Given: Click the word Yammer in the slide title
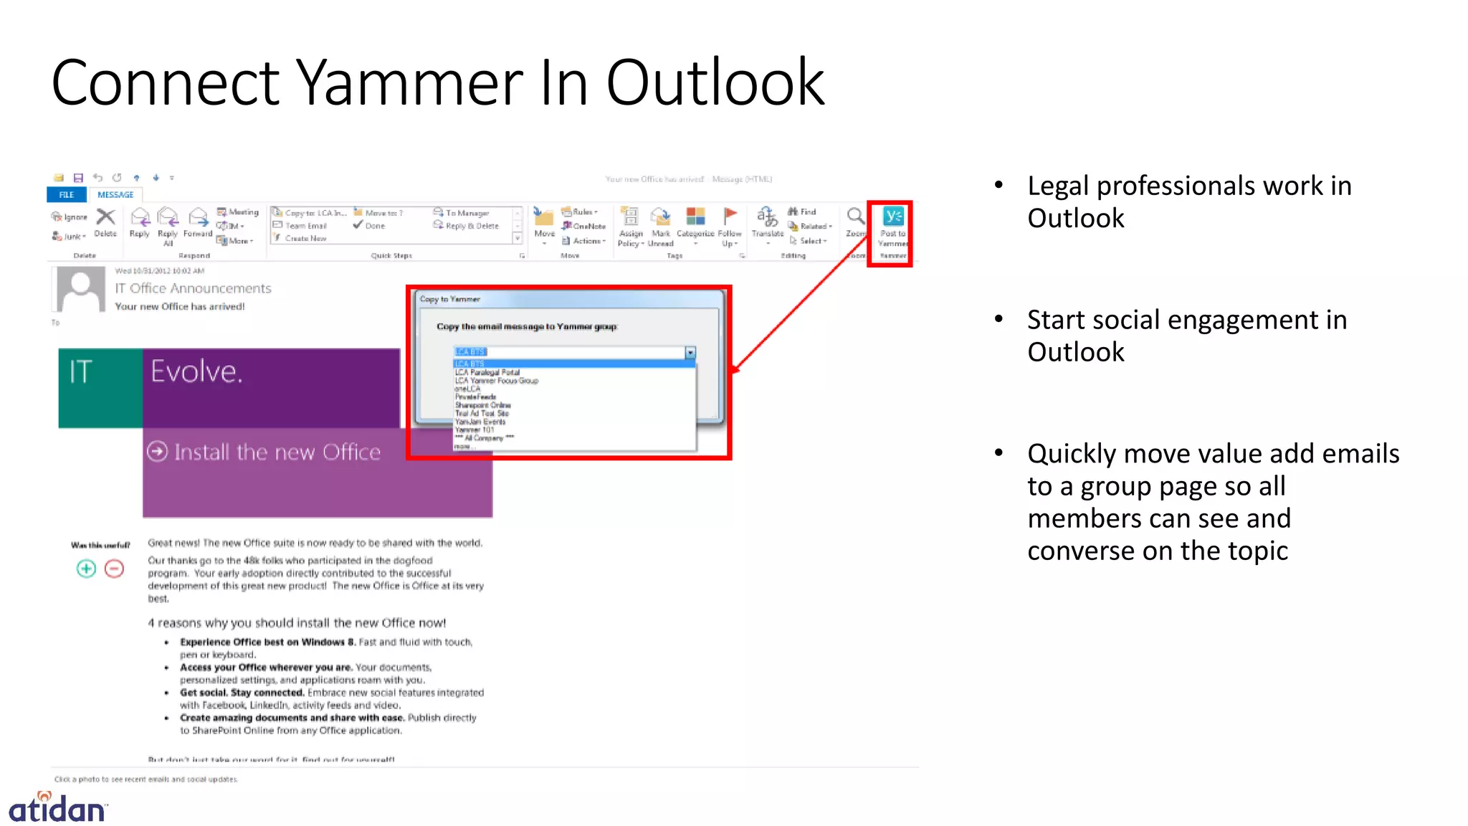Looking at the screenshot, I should [410, 83].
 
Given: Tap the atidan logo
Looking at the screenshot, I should [57, 807].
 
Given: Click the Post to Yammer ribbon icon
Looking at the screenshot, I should [893, 217].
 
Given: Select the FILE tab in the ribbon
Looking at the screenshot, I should [67, 194].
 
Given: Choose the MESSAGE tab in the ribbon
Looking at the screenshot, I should [115, 194].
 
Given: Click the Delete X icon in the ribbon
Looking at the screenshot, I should [105, 217].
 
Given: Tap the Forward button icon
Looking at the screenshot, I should [198, 217].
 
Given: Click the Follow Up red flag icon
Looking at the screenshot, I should [730, 215].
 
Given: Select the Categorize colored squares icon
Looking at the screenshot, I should [695, 216].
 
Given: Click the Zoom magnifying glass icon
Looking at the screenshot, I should [855, 217].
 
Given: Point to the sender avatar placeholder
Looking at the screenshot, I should [81, 289].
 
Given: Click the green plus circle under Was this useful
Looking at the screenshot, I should [86, 569].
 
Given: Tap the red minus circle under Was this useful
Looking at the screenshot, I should [114, 569].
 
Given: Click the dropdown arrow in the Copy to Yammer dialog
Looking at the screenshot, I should [690, 352].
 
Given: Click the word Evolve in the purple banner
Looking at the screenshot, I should [196, 371].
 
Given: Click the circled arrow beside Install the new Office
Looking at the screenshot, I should [157, 452].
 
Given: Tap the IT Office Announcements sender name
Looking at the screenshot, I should [193, 288].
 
